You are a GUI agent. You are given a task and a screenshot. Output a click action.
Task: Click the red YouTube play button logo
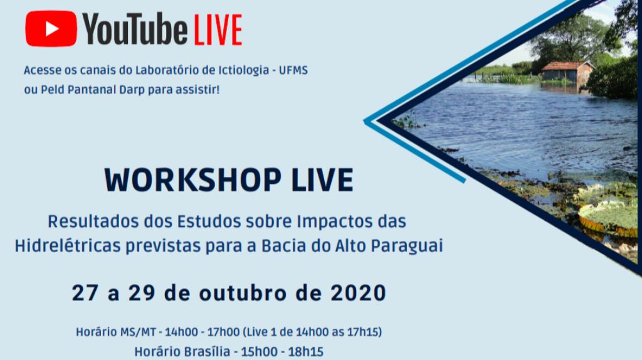point(51,29)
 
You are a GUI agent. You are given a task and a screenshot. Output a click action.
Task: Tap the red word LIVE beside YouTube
point(218,30)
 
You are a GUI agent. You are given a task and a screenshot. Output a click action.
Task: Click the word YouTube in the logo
point(135,29)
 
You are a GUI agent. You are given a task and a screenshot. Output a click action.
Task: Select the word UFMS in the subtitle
point(293,70)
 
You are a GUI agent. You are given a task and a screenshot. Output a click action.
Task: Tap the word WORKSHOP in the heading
point(193,180)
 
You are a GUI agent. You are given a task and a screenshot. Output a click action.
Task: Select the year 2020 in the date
point(358,294)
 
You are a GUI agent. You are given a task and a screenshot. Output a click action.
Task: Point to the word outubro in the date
point(243,294)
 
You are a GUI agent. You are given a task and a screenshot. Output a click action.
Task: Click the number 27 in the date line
point(85,294)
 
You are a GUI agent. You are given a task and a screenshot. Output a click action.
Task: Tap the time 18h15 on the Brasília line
point(307,352)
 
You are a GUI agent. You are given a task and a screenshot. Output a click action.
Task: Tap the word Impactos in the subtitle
point(330,221)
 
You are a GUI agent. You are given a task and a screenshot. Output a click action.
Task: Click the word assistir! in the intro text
point(197,90)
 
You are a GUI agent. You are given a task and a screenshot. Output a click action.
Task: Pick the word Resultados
point(93,221)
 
